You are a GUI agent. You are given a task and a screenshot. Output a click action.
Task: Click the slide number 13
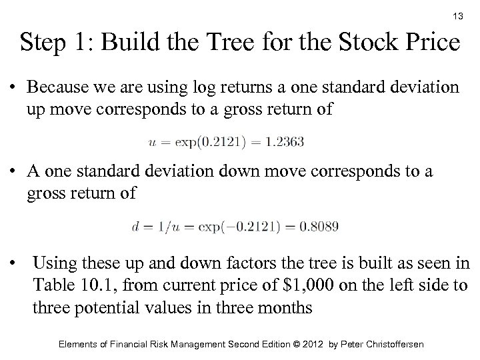click(x=457, y=15)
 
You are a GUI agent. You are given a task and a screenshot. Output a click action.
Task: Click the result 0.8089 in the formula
click(x=317, y=227)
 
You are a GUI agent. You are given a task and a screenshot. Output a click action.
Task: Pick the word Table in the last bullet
click(x=55, y=285)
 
